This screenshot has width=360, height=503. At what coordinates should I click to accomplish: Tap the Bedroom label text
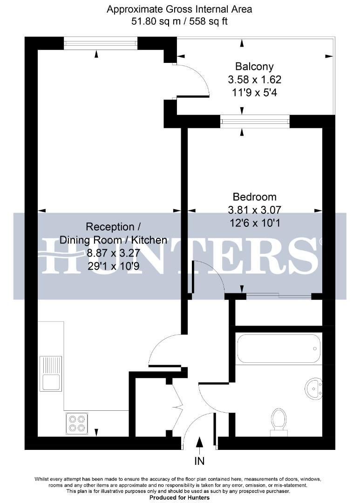point(255,197)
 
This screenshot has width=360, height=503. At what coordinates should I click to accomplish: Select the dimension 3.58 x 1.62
point(254,80)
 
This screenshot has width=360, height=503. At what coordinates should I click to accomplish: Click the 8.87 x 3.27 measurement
point(113,253)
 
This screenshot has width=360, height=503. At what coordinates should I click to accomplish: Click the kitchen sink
point(50,373)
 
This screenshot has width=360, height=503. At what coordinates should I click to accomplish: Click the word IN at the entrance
point(199,462)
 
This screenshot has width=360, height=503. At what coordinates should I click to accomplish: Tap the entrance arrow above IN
point(199,445)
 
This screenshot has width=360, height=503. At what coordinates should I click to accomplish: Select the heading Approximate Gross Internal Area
point(180,9)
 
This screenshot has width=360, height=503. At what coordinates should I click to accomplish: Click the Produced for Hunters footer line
point(180,497)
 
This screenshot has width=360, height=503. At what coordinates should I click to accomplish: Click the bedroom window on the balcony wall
point(255,122)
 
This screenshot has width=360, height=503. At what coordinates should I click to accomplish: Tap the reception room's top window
point(101,44)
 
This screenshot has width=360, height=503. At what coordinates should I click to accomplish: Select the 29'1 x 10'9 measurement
point(113,266)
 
